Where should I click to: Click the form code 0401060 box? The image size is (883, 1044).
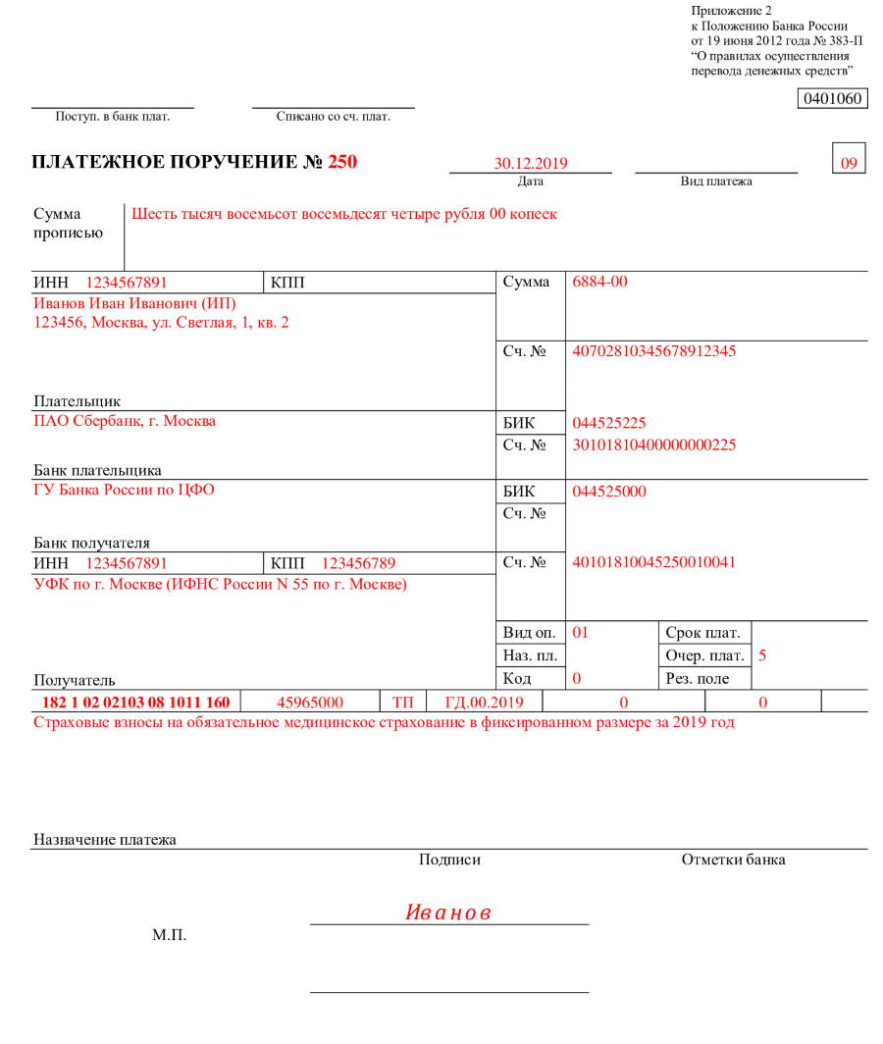click(x=834, y=99)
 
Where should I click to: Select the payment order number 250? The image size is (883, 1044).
click(x=342, y=162)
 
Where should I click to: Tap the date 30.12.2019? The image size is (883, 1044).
click(x=531, y=164)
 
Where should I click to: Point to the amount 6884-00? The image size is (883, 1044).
click(x=599, y=283)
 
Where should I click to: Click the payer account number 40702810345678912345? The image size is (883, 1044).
click(x=653, y=351)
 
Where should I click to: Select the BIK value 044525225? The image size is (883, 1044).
click(x=608, y=423)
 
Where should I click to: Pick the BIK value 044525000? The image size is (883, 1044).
click(x=608, y=492)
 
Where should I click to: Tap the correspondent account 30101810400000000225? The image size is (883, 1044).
click(x=653, y=444)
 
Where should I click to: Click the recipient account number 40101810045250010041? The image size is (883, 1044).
click(x=653, y=562)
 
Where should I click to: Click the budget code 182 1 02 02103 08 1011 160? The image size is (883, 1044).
click(x=135, y=703)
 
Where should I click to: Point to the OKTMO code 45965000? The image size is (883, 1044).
click(x=310, y=703)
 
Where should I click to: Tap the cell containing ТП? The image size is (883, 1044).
click(x=402, y=703)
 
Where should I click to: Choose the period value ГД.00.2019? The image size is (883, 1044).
click(x=485, y=703)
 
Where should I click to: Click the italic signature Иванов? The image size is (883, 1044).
click(x=448, y=913)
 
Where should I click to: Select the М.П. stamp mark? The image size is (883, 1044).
click(x=169, y=936)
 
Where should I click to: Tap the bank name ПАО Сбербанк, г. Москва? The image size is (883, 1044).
click(x=125, y=421)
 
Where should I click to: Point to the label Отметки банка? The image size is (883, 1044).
click(x=733, y=861)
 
